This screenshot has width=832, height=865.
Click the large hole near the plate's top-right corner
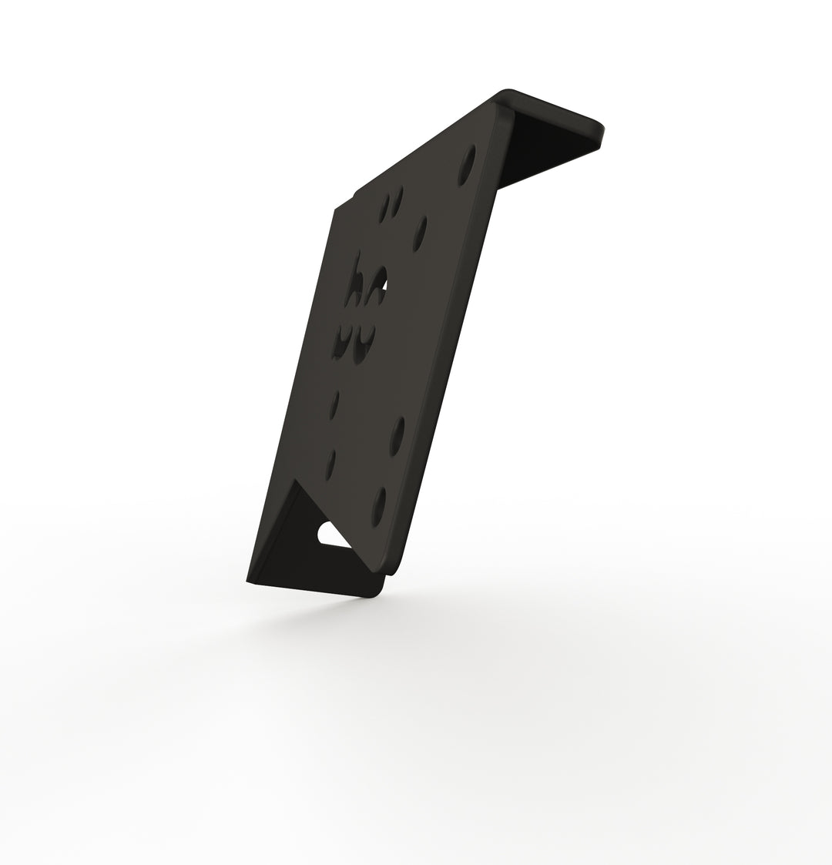coord(467,165)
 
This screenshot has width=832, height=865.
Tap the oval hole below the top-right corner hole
coord(421,233)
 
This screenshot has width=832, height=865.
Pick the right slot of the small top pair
coord(396,202)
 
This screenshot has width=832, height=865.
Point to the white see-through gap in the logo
coord(384,286)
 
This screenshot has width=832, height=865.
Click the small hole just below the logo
coord(335,405)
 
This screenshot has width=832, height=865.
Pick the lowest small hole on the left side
coord(331,462)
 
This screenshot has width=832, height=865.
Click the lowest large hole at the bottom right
coord(379,506)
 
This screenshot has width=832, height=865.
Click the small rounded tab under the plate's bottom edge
coord(393,569)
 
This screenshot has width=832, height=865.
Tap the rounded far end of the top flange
coord(602,131)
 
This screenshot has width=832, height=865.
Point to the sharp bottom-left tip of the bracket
coord(248,581)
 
